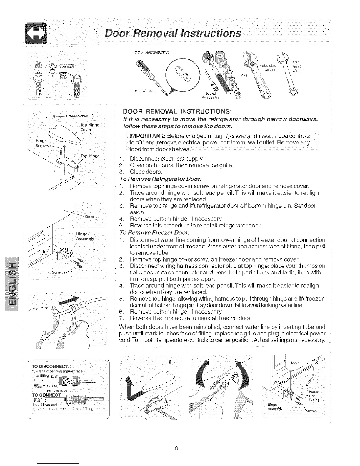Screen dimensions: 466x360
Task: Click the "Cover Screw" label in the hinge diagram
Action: coord(77,116)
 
